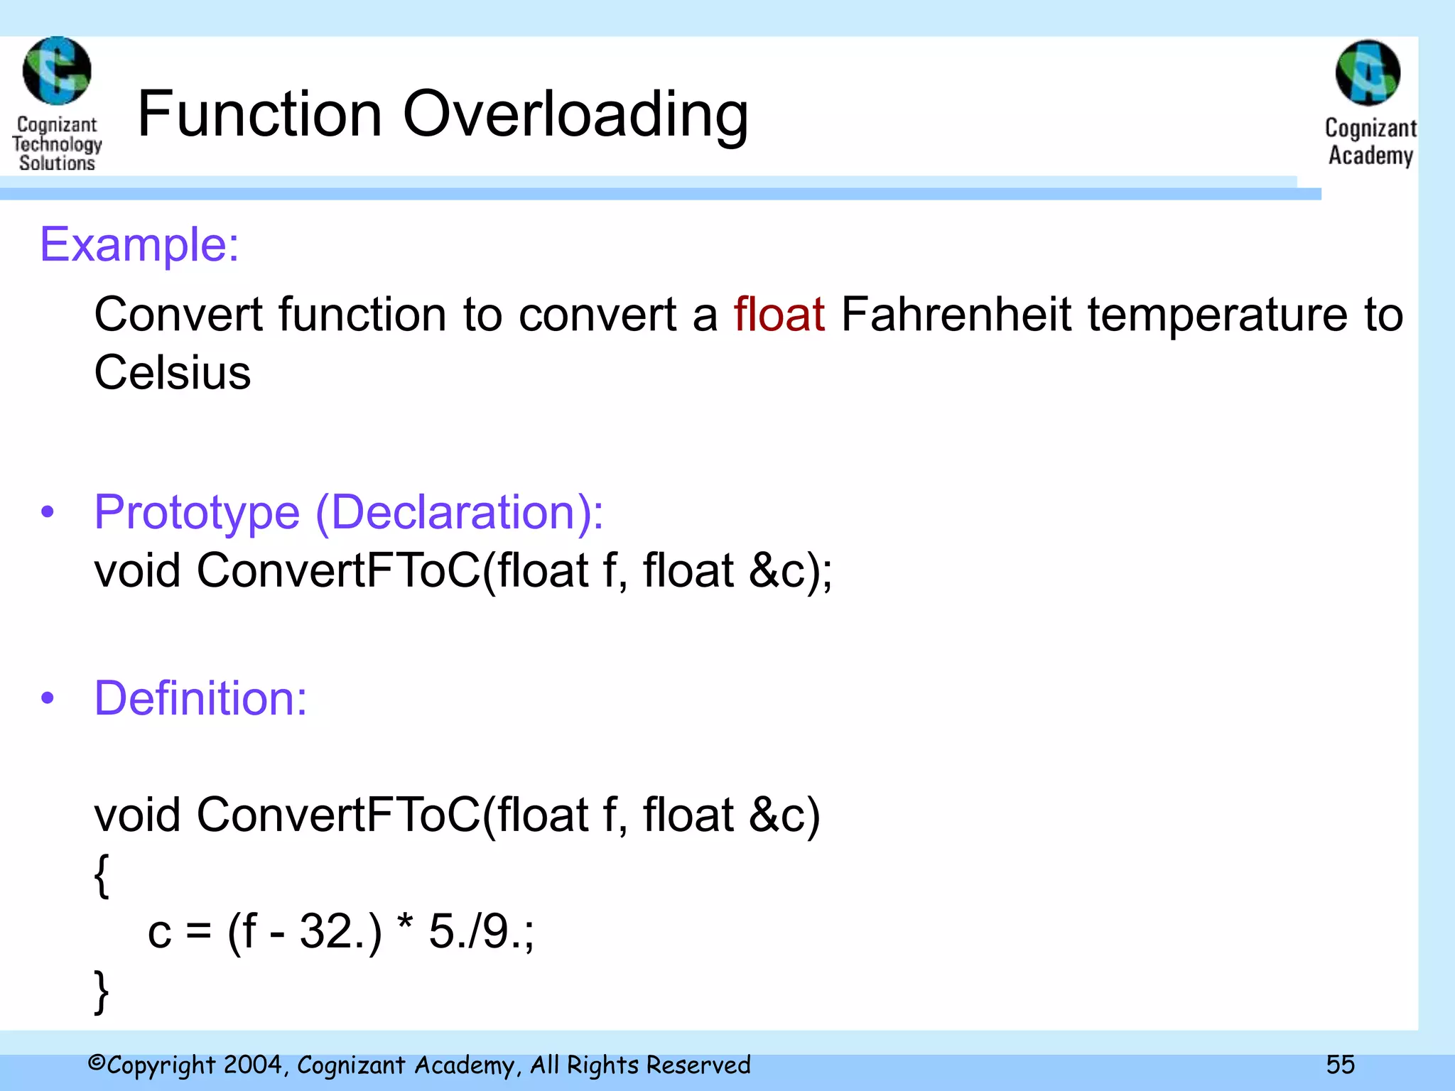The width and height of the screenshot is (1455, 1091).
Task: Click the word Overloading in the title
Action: click(575, 115)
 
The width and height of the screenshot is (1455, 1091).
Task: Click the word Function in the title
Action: click(260, 115)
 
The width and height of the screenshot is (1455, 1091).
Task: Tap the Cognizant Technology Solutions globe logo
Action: click(57, 71)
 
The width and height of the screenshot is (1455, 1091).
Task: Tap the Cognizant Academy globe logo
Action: click(1368, 73)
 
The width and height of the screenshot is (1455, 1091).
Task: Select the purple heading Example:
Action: click(139, 244)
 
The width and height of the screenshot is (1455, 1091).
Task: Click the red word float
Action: click(779, 314)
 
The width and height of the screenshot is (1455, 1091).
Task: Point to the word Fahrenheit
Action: click(956, 314)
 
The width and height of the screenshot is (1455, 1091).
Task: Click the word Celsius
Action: click(173, 372)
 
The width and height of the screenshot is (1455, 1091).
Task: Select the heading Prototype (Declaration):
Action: click(348, 512)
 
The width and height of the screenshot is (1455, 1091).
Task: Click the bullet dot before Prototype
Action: click(48, 512)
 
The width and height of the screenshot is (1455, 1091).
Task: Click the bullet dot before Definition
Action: click(48, 698)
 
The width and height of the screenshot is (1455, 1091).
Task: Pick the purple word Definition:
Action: click(200, 698)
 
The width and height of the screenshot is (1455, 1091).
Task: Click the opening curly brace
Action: click(102, 876)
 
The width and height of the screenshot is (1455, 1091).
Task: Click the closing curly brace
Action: click(102, 992)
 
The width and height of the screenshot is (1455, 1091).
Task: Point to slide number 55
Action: click(1340, 1064)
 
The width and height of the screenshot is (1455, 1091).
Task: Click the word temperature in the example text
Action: click(1217, 314)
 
